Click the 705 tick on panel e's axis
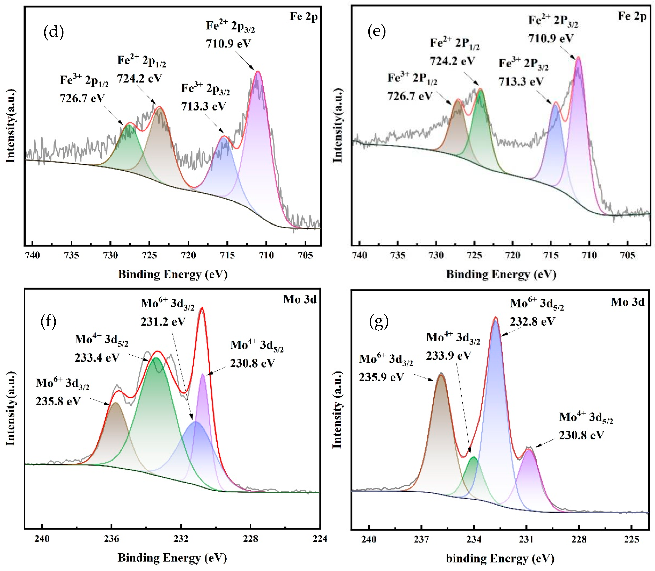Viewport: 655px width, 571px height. (628, 255)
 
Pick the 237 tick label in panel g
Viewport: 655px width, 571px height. (421, 539)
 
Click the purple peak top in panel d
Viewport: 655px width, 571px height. (258, 73)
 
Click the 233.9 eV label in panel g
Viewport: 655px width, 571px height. (448, 355)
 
